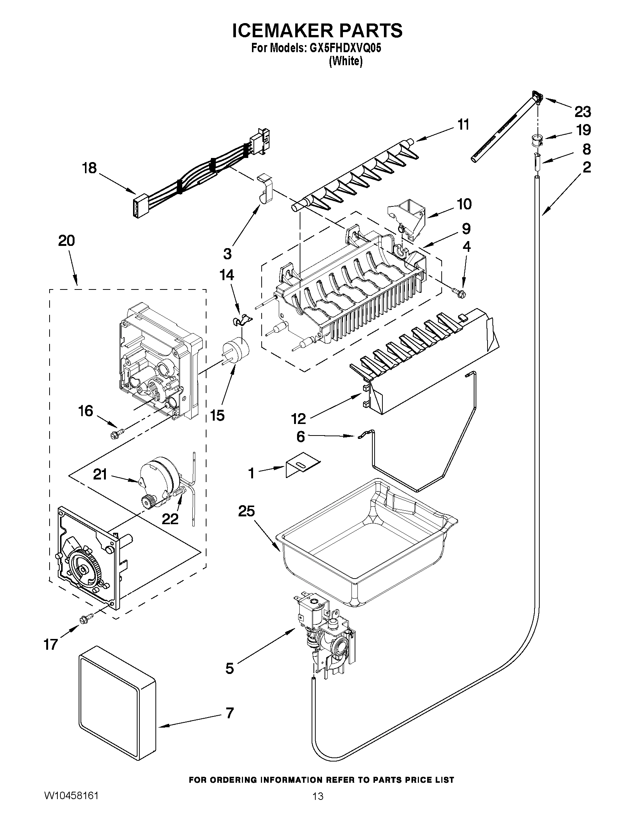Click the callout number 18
click(89, 168)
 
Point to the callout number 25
click(246, 512)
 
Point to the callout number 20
click(66, 240)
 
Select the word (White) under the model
click(346, 61)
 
